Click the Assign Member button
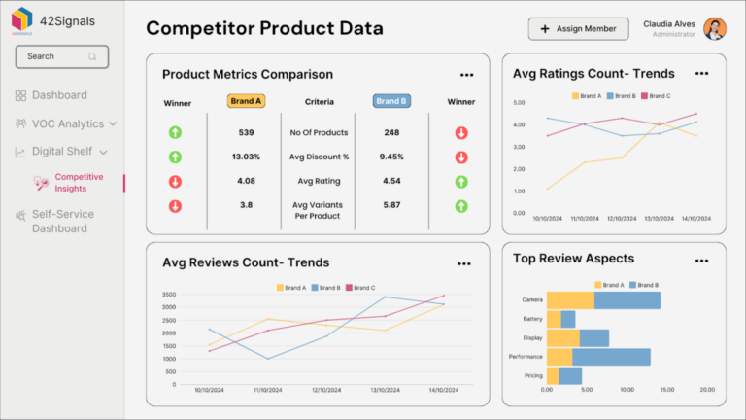(x=578, y=29)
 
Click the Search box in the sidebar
(x=61, y=56)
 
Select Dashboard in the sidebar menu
(x=58, y=95)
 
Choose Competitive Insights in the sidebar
(x=78, y=183)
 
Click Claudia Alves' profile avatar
(x=715, y=29)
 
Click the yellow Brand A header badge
(x=246, y=101)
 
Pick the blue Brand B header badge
(x=391, y=101)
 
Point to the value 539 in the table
(x=246, y=132)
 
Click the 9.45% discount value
(x=391, y=157)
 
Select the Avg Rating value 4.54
(x=391, y=181)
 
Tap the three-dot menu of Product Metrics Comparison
(x=466, y=75)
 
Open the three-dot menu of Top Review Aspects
(x=701, y=261)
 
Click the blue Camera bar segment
(x=627, y=300)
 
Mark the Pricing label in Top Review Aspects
(x=533, y=375)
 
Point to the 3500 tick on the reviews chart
(x=168, y=295)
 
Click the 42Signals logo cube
(x=22, y=19)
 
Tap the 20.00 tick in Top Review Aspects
(x=706, y=390)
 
